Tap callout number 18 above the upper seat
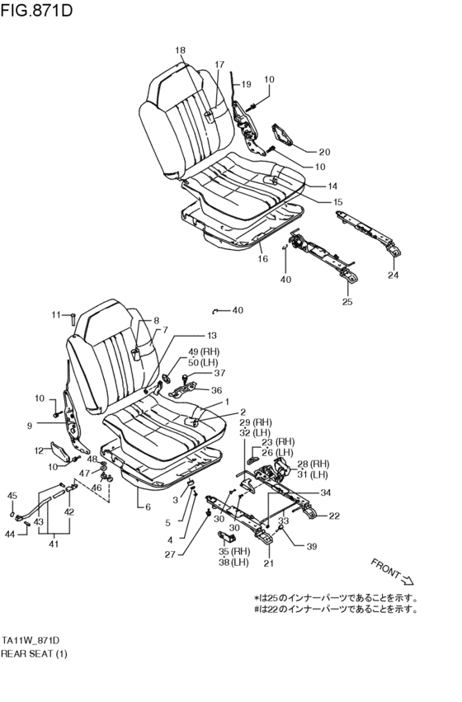click(181, 51)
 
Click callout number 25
click(347, 302)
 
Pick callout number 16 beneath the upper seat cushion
click(263, 259)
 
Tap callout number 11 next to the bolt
click(56, 314)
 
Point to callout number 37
click(219, 373)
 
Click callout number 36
click(216, 390)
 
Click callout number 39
click(311, 547)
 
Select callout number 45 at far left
click(12, 495)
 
